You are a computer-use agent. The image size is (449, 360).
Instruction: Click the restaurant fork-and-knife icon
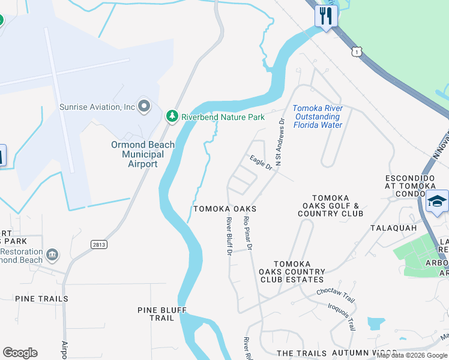(x=326, y=16)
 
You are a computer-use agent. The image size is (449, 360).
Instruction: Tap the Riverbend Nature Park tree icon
(x=172, y=116)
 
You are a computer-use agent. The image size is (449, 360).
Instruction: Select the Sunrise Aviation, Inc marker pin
(x=143, y=106)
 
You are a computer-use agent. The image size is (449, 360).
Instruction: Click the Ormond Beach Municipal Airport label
(x=143, y=154)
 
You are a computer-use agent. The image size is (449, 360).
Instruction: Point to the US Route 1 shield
(x=358, y=52)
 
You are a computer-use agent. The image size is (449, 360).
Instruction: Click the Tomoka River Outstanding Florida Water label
(x=318, y=116)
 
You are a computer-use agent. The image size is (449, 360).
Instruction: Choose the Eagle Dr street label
(x=262, y=163)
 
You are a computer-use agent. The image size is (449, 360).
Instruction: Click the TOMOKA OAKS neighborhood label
(x=224, y=209)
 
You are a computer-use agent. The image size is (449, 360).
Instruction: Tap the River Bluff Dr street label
(x=229, y=236)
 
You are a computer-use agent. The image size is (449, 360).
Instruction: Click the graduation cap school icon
(x=437, y=201)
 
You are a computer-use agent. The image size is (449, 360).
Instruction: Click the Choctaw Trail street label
(x=336, y=295)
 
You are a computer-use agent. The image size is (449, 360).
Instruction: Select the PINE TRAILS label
(x=41, y=299)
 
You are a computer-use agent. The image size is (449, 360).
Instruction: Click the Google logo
(x=20, y=353)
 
